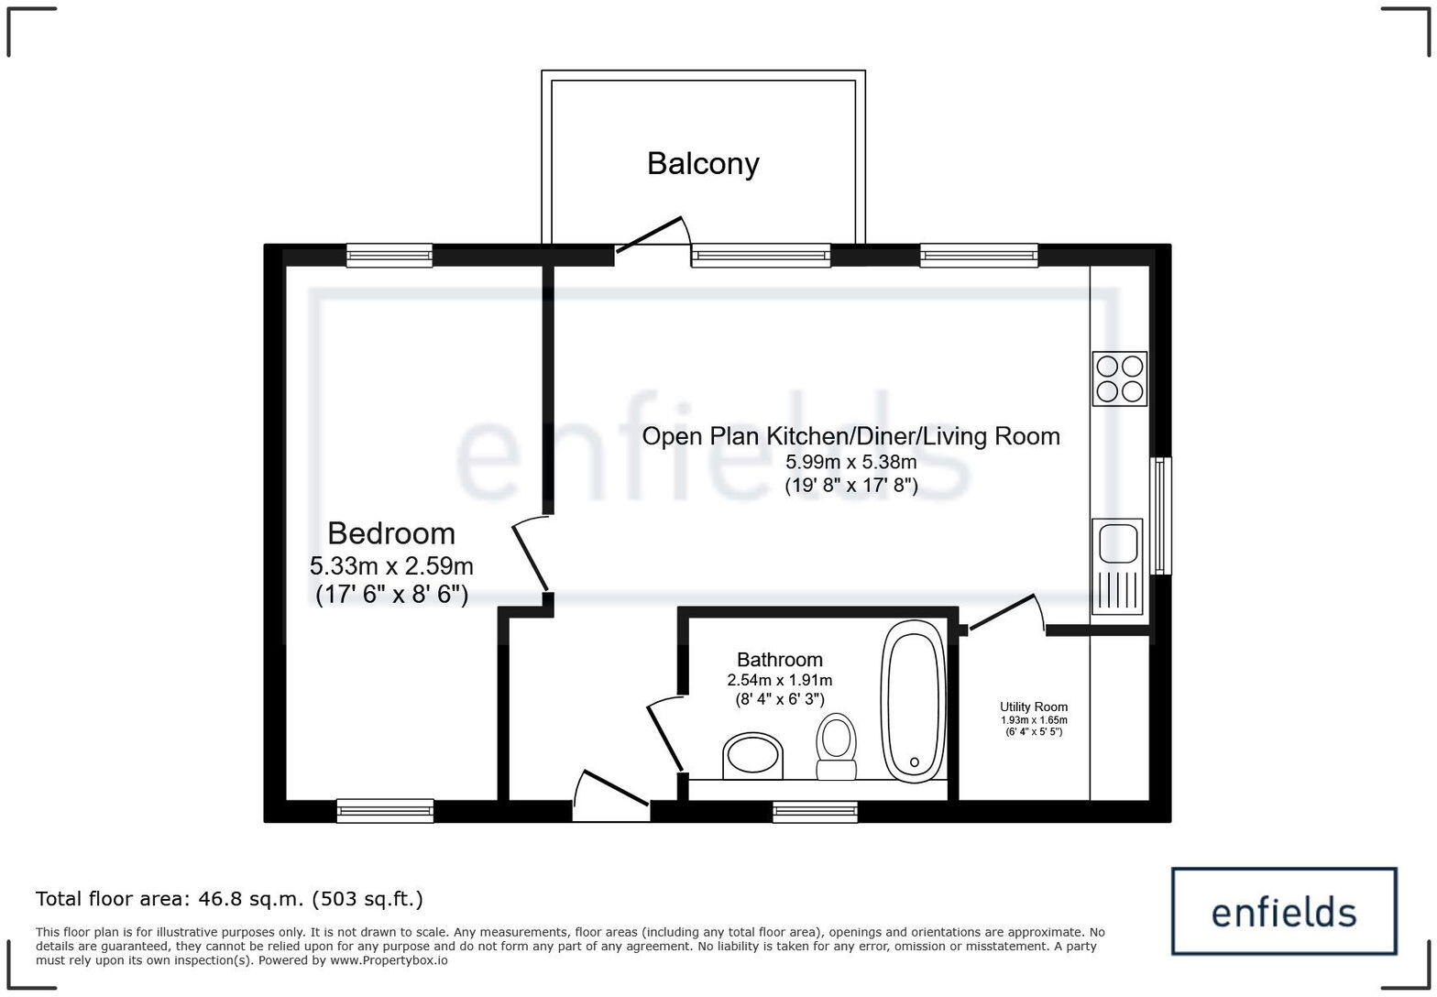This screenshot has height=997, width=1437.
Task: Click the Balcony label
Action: (703, 163)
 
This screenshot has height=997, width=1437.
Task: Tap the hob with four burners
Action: (1119, 378)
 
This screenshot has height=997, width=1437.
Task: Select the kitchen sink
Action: (1117, 565)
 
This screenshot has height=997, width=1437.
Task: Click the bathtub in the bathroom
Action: (913, 702)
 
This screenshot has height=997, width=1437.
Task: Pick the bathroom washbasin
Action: (753, 756)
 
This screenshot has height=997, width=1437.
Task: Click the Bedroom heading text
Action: (391, 533)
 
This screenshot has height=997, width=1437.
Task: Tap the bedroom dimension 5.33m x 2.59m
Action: (391, 565)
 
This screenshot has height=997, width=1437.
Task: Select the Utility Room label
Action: (1033, 707)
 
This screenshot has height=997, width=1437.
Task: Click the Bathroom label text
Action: (779, 660)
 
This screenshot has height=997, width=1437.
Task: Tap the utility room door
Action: (1005, 613)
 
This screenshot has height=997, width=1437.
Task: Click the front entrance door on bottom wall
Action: (611, 791)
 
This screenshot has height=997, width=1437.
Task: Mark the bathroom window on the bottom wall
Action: (815, 811)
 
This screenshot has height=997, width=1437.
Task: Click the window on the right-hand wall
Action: (1161, 516)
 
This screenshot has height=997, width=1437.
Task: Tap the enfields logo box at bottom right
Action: (1284, 912)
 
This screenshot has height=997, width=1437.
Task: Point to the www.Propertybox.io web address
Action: (389, 960)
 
